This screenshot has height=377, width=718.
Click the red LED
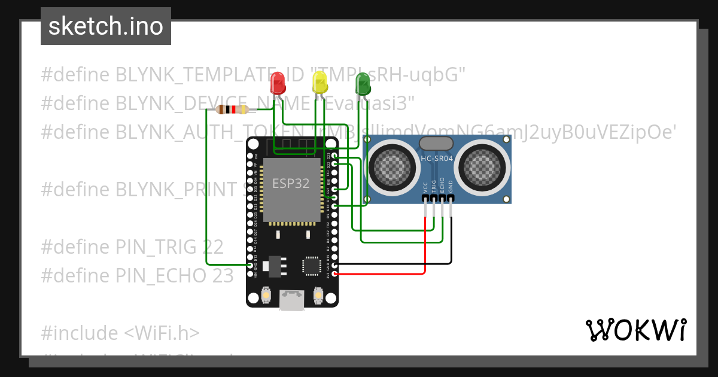(x=278, y=83)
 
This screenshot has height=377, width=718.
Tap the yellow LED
(x=320, y=83)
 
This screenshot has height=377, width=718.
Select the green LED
(x=363, y=83)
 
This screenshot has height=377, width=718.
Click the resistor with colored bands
(x=232, y=110)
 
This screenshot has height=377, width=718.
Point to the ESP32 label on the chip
(x=291, y=183)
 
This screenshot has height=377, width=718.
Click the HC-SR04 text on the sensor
(x=437, y=159)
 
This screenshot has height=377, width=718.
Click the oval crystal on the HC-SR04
(x=436, y=143)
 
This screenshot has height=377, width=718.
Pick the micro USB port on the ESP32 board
(x=293, y=300)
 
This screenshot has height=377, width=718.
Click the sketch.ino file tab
(x=106, y=26)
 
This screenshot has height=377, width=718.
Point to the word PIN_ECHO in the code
(x=161, y=275)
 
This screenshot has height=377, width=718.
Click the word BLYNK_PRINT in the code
(x=177, y=189)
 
